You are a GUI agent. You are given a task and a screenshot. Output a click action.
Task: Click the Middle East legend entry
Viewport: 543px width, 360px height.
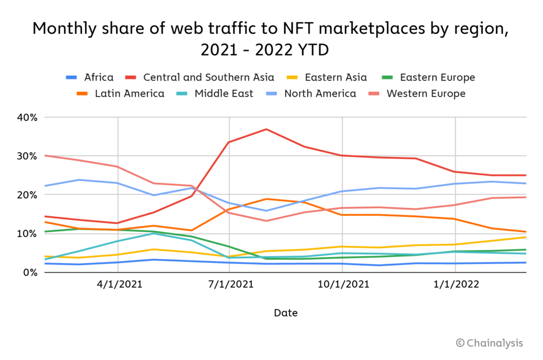tap(223, 94)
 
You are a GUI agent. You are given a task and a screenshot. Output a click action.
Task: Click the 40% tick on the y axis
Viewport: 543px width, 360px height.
tap(27, 117)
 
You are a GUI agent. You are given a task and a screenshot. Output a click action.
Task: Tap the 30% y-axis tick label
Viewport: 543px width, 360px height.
tap(27, 156)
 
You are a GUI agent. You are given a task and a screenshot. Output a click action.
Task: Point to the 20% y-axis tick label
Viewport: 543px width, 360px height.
tap(27, 195)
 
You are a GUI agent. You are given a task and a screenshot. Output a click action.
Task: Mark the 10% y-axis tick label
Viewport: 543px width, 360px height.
tap(27, 233)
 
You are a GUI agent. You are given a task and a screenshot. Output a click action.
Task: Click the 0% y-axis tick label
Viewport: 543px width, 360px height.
tap(30, 272)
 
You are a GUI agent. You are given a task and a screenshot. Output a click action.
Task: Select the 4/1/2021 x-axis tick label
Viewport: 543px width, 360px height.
tap(117, 285)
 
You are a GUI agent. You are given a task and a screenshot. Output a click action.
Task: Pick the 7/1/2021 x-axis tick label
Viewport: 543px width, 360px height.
tap(229, 285)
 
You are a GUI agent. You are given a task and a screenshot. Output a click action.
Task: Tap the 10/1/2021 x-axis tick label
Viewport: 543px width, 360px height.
tap(342, 285)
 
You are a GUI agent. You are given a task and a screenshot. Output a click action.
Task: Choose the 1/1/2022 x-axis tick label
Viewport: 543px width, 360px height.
tap(456, 285)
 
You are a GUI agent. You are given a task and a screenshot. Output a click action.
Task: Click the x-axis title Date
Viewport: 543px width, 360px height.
tap(286, 313)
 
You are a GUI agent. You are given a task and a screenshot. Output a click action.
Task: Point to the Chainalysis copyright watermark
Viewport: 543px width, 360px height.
tap(489, 343)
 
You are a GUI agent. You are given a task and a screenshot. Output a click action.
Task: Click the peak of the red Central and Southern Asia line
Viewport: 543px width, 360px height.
tap(267, 129)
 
